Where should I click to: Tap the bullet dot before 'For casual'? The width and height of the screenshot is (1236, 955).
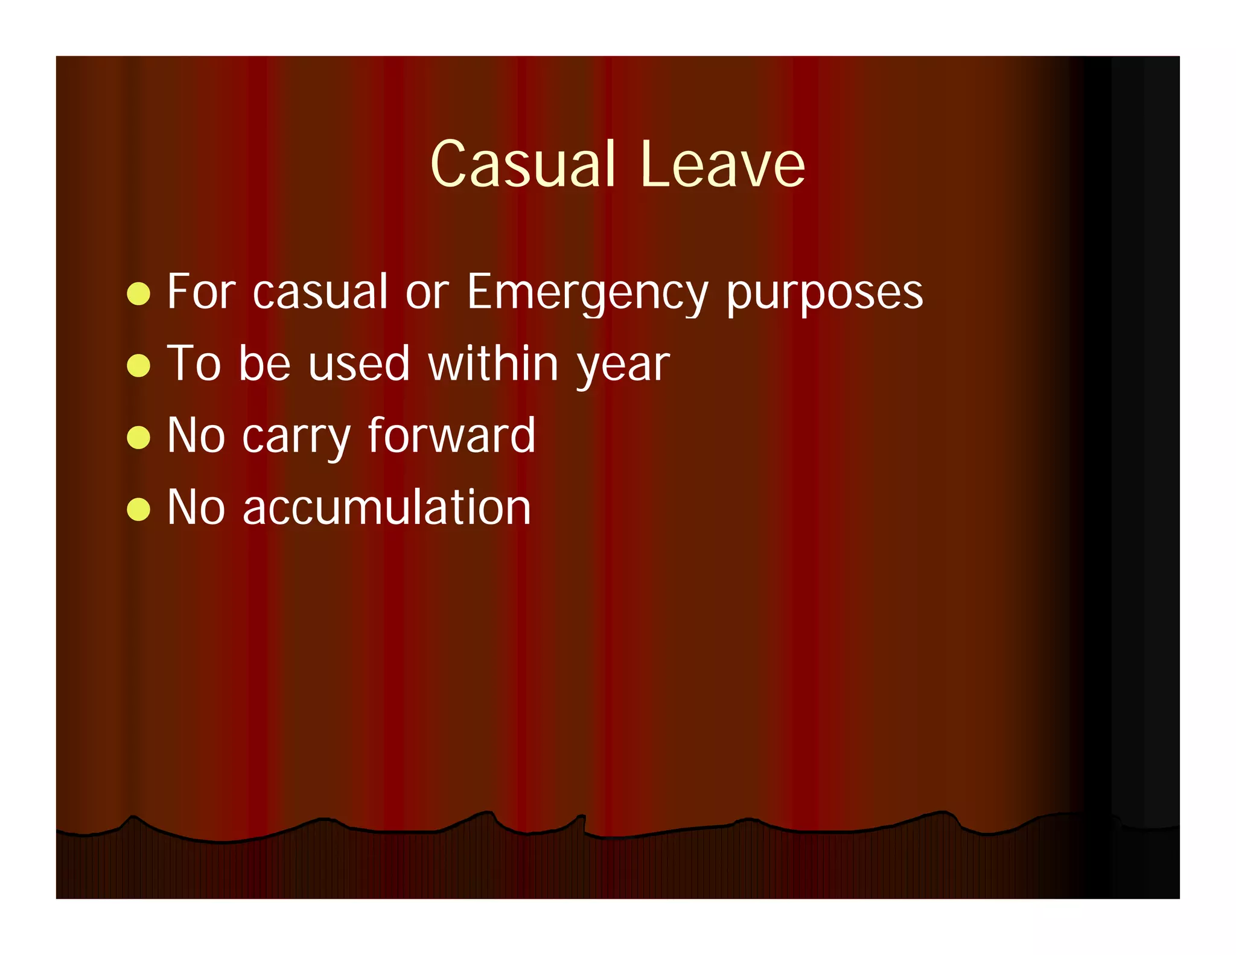139,294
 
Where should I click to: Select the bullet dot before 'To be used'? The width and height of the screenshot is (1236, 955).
139,365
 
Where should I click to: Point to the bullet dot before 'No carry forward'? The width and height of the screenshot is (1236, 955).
139,437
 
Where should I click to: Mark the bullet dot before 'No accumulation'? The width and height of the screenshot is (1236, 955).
139,509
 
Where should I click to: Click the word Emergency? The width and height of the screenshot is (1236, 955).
587,293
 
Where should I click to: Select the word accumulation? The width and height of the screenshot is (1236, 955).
387,508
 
